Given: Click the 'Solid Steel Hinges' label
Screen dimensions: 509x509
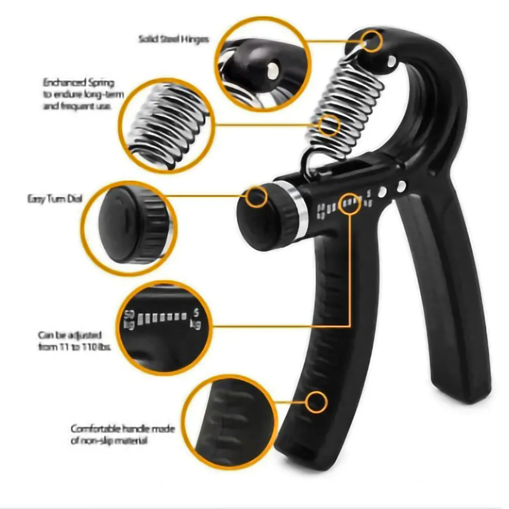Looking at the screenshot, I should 173,39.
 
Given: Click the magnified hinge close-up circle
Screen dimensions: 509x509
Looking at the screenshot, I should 262,64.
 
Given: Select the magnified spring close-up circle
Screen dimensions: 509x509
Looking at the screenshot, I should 165,126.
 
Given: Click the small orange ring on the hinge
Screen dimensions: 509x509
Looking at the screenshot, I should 373,41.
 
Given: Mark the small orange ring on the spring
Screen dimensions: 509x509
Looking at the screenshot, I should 330,126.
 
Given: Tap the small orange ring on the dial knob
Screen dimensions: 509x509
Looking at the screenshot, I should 257,197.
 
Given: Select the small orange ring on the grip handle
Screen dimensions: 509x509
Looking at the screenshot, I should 317,402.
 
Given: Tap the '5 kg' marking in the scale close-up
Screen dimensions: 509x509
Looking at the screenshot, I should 195,318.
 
